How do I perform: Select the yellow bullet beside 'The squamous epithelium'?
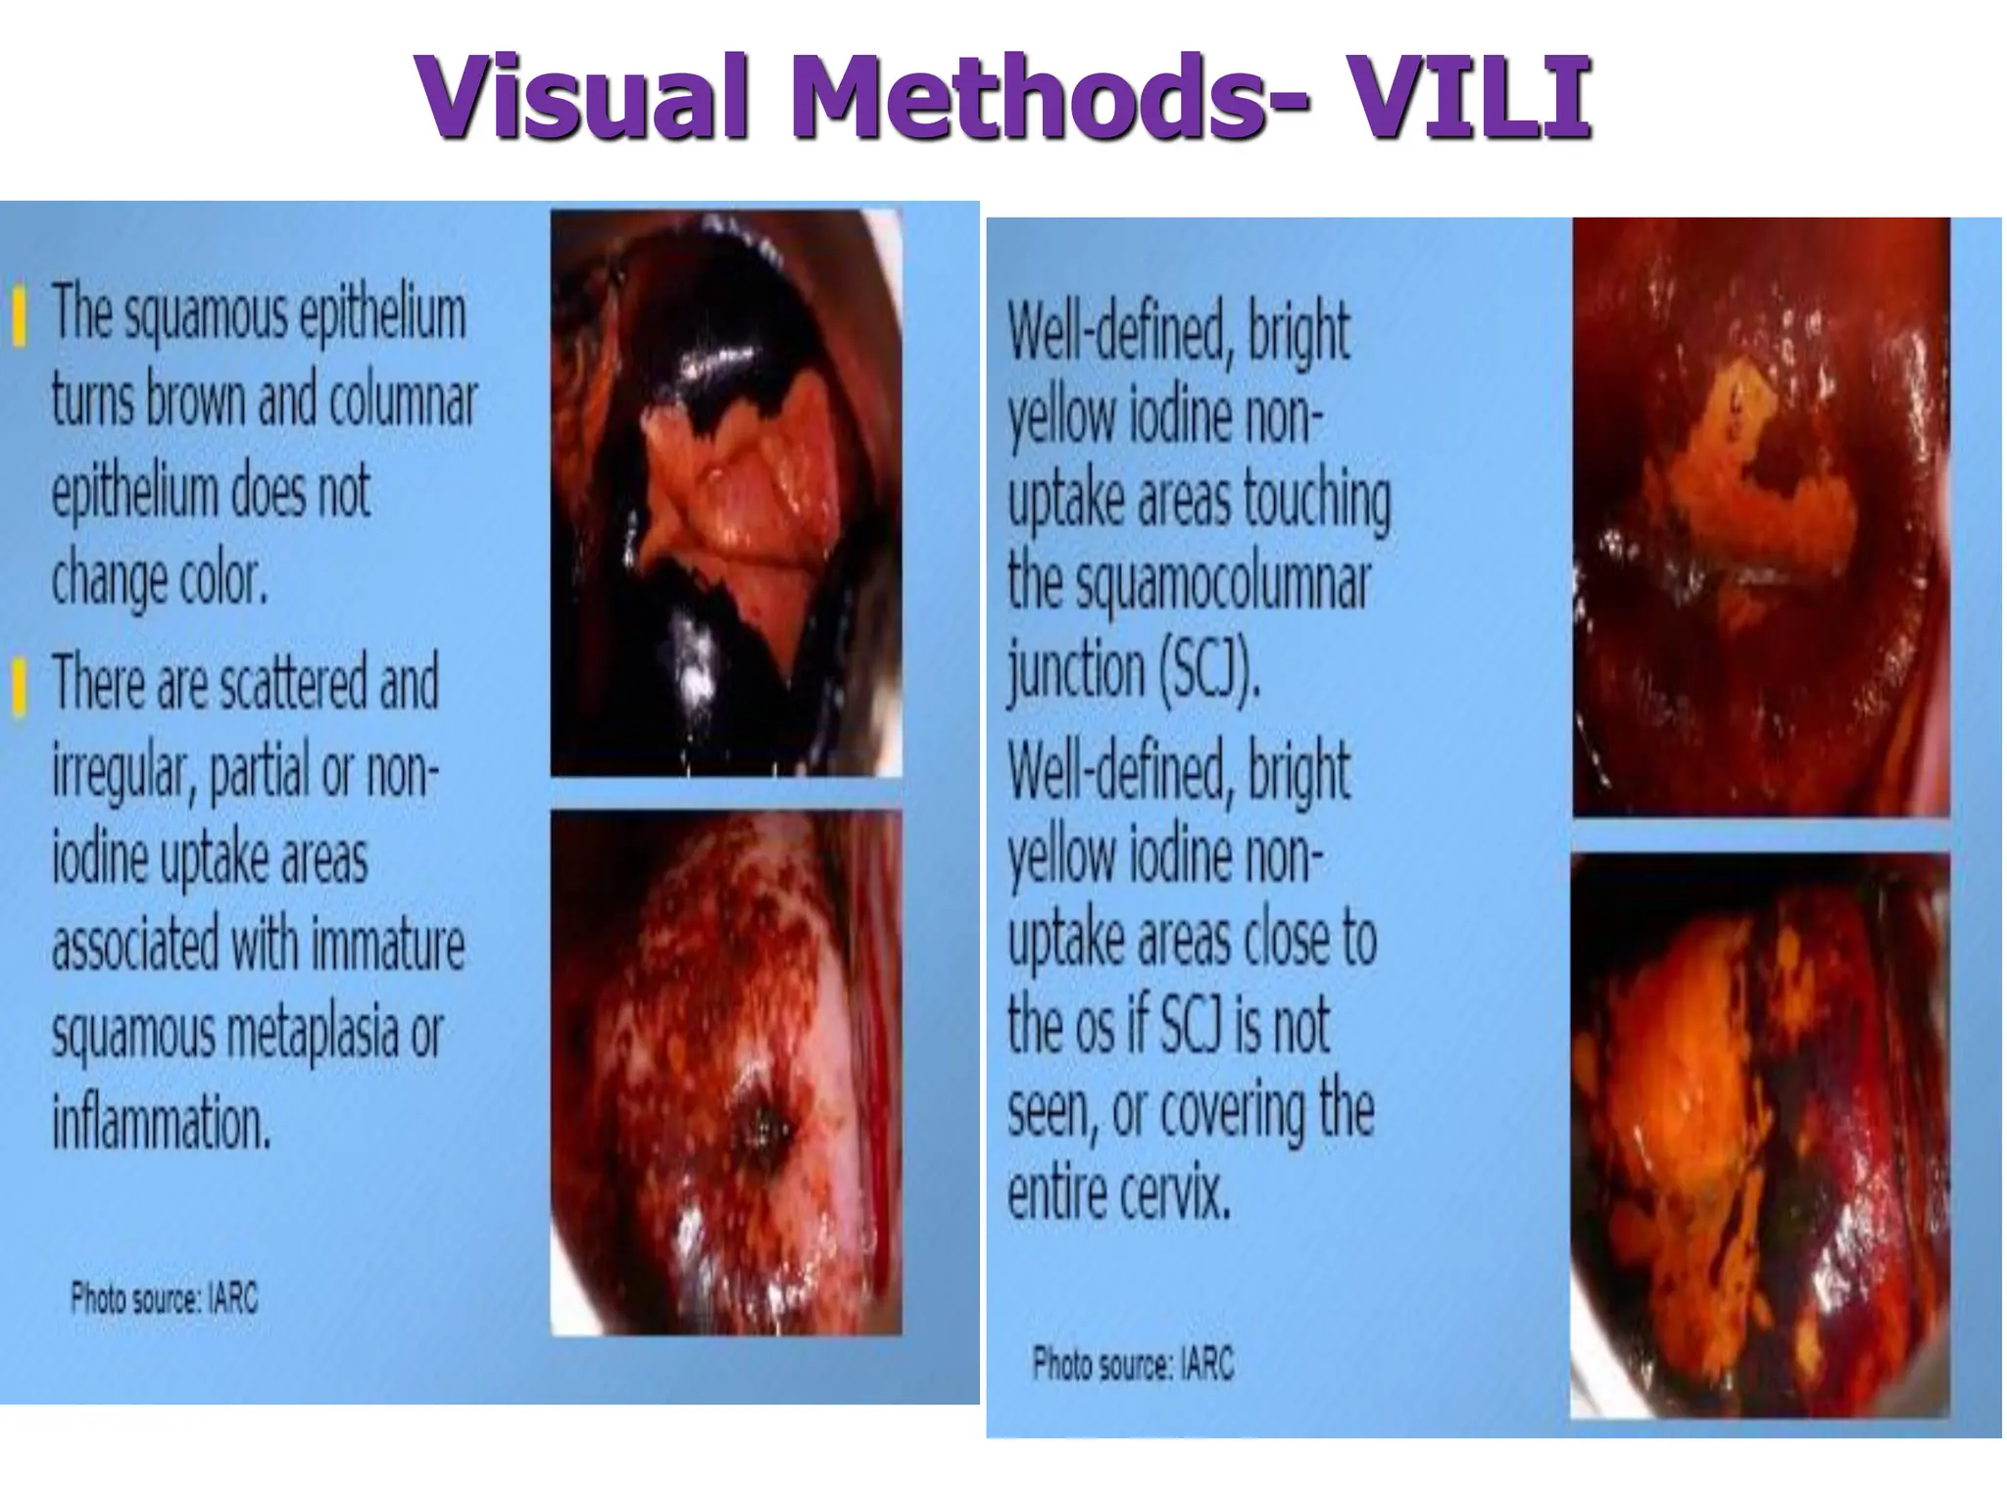[x=18, y=316]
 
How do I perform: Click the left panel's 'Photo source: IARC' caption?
[x=164, y=1300]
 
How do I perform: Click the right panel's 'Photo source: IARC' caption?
[x=1133, y=1364]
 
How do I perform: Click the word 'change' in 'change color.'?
[x=105, y=580]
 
